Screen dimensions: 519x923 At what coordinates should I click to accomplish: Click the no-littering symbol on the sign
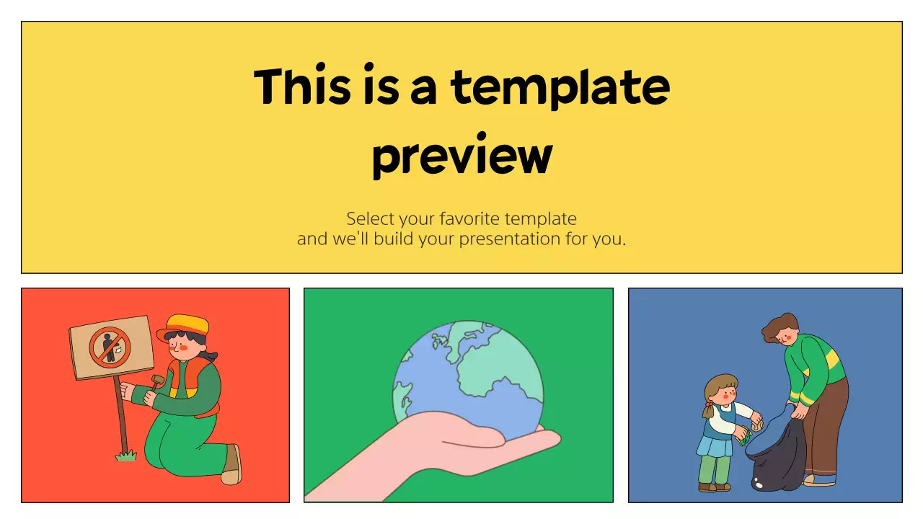coord(110,347)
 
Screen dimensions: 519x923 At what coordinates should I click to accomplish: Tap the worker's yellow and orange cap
coord(186,326)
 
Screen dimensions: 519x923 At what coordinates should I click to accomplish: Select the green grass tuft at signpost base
coord(127,455)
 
